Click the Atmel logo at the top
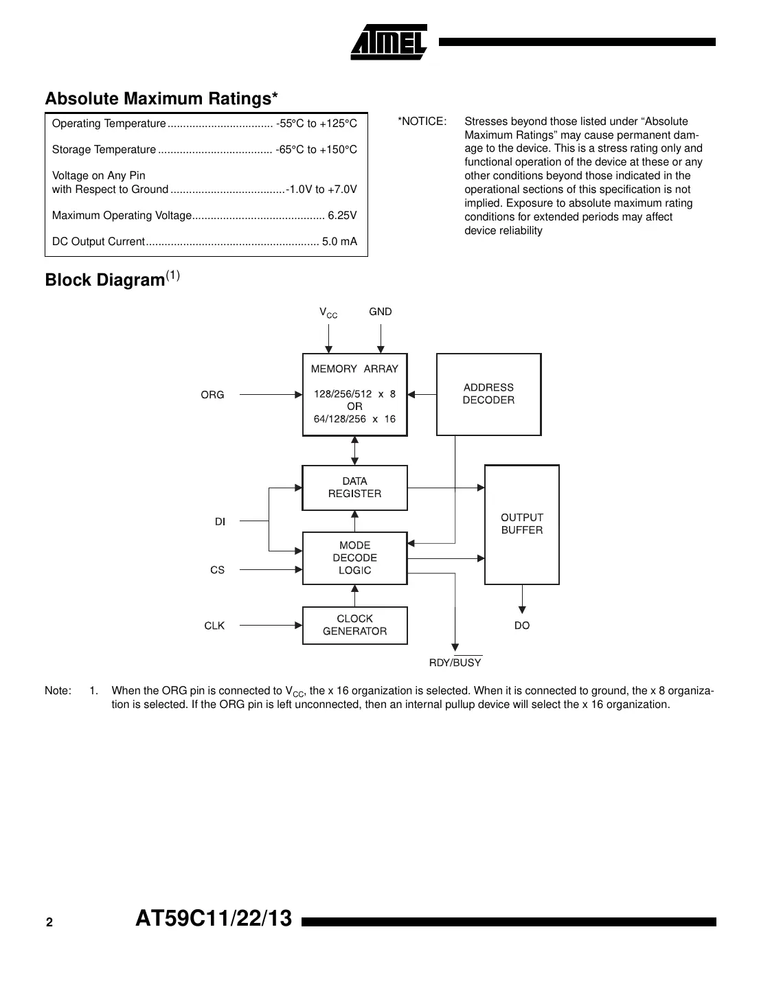point(389,42)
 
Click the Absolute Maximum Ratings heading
point(161,99)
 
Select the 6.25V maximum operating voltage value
point(342,216)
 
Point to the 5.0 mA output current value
point(339,242)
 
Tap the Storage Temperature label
point(104,150)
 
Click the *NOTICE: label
point(422,122)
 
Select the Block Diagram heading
point(105,280)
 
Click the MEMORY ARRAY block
point(354,394)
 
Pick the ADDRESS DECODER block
point(488,394)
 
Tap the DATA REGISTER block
point(354,488)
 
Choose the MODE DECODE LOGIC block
point(354,558)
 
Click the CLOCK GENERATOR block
point(354,625)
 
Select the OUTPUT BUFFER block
point(522,524)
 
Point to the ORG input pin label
point(212,395)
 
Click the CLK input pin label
point(214,626)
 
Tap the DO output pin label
point(522,626)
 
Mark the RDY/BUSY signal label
point(455,663)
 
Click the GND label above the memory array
point(380,312)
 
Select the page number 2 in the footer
point(49,923)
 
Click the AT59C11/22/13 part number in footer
point(214,919)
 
